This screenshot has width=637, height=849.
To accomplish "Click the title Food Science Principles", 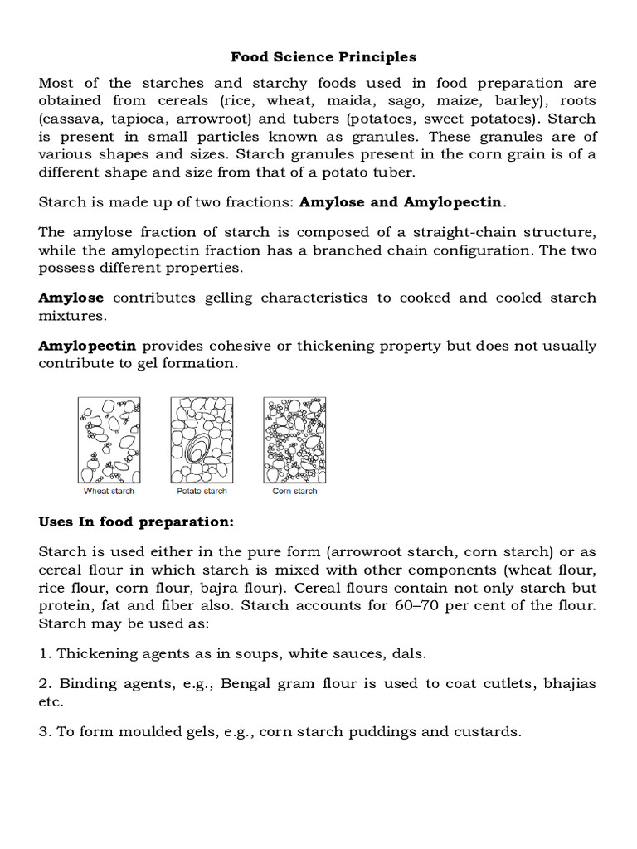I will pos(323,57).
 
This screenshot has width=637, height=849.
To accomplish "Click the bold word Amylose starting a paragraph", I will pos(71,298).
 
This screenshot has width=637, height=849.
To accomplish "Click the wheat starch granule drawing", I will pos(109,439).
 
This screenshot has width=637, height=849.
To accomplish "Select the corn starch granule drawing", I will pos(294,439).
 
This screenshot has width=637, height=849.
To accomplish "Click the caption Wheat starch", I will pos(109,491).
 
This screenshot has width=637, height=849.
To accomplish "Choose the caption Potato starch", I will pos(202,491).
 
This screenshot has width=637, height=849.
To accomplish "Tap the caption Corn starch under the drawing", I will pos(294,491).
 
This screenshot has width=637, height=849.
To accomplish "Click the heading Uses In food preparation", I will pos(137,522).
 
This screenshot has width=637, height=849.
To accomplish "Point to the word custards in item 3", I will pos(486,732).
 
